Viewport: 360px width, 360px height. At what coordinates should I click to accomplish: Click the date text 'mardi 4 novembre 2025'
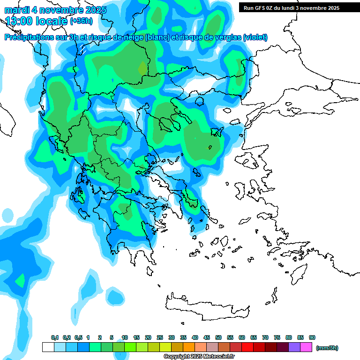[55, 10]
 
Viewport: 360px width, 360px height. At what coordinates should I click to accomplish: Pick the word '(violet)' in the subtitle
[255, 37]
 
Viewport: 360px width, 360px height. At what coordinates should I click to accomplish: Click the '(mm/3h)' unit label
[327, 348]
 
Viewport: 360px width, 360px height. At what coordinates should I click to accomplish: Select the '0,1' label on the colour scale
[55, 338]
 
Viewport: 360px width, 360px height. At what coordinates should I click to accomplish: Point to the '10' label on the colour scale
[125, 338]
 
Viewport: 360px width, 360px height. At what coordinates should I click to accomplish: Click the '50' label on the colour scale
[218, 338]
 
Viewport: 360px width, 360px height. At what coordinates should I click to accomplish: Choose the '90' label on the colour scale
[312, 338]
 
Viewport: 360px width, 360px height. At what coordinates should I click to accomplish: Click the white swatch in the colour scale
[48, 347]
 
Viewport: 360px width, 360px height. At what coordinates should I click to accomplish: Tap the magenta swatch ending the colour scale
[306, 347]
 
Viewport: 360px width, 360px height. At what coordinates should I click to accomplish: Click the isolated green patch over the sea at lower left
[20, 281]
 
